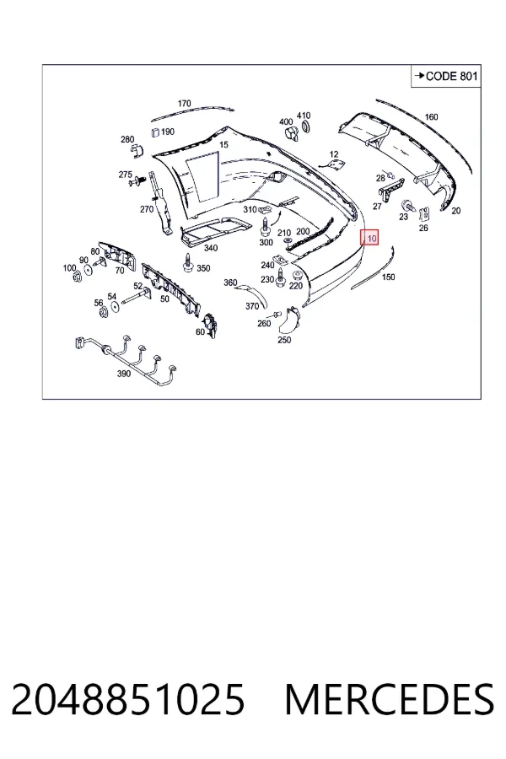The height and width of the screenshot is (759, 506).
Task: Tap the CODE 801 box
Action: tap(445, 76)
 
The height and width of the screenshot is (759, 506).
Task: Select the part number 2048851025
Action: tap(128, 699)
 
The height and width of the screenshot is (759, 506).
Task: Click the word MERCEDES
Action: tap(389, 699)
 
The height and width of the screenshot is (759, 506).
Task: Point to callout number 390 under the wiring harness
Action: tap(124, 374)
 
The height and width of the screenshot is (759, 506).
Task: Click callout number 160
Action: tap(431, 116)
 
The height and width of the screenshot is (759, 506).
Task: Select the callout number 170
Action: tap(184, 103)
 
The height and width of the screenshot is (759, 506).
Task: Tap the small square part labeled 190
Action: tap(155, 132)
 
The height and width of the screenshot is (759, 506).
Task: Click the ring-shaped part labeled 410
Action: tap(306, 127)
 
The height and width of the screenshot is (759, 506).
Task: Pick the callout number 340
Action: tap(211, 248)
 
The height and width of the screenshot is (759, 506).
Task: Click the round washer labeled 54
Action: tap(115, 307)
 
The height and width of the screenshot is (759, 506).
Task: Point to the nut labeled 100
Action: tap(76, 277)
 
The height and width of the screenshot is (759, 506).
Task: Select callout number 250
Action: tap(284, 340)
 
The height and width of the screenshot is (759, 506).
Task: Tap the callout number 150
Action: tap(388, 277)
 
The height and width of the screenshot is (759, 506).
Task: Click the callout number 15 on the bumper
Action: tap(223, 145)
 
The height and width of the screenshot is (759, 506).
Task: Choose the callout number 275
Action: tap(126, 175)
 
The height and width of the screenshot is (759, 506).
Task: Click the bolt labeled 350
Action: tap(187, 263)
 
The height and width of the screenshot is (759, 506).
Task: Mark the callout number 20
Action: tap(455, 211)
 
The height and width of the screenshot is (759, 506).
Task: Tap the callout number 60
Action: tap(201, 331)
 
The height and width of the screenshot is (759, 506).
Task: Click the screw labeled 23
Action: tap(407, 206)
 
